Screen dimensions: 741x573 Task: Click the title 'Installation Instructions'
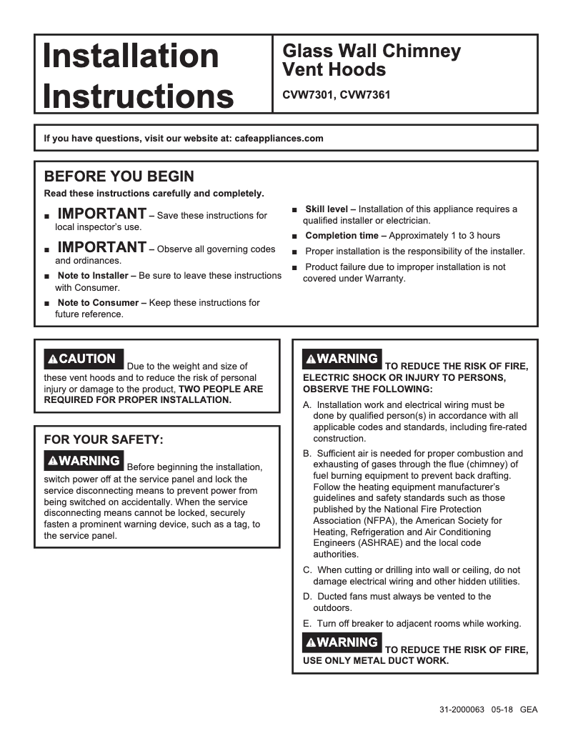pyautogui.click(x=138, y=75)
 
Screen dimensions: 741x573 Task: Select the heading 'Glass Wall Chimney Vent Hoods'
pyautogui.click(x=372, y=60)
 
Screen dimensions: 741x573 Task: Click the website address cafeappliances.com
pyautogui.click(x=279, y=139)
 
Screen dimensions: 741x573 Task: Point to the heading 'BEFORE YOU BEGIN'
pyautogui.click(x=119, y=176)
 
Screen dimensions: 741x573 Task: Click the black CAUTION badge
pyautogui.click(x=84, y=359)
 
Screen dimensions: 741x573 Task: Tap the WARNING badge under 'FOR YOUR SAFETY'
pyautogui.click(x=84, y=461)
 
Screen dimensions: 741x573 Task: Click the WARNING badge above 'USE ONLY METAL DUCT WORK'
pyautogui.click(x=342, y=642)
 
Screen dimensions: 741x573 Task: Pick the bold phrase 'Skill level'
pyautogui.click(x=326, y=209)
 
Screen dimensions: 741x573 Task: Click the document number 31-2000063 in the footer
pyautogui.click(x=462, y=710)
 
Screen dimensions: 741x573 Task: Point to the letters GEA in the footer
pyautogui.click(x=529, y=710)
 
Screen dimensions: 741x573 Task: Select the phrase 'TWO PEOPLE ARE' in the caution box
pyautogui.click(x=220, y=389)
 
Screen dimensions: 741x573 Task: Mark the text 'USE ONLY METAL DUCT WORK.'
pyautogui.click(x=376, y=661)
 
